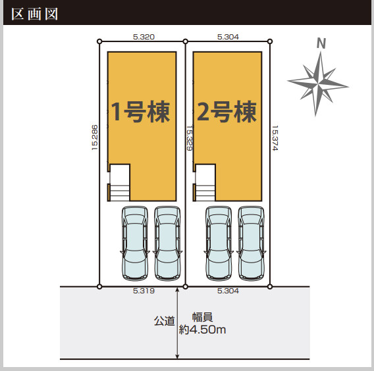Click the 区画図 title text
35,14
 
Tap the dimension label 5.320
144,37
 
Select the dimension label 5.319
144,291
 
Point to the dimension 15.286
95,137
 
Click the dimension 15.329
189,138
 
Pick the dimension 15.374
275,138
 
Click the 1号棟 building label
141,112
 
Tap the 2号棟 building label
227,112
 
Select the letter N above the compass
321,43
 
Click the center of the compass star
318,84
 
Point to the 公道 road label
165,321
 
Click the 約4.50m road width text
202,330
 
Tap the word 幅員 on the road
202,317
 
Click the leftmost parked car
135,243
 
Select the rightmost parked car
251,243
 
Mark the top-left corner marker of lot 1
99,41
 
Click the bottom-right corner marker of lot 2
270,286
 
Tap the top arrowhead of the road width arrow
177,289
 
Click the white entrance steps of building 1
120,183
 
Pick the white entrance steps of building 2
205,183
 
